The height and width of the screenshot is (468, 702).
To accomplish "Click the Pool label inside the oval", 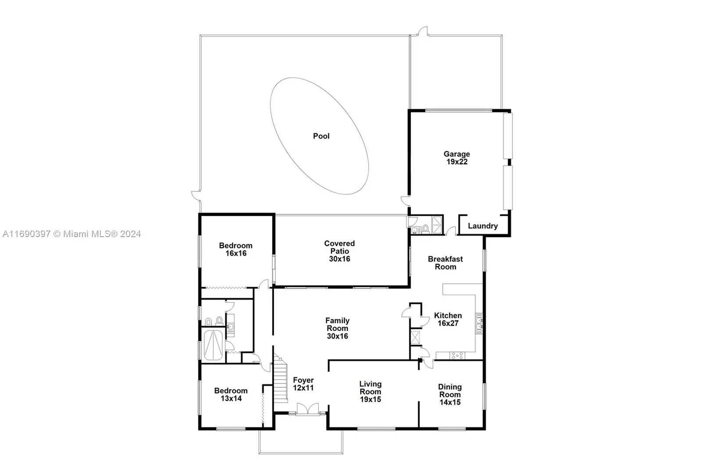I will click(321, 136).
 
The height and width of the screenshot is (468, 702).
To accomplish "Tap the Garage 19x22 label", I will click(457, 158).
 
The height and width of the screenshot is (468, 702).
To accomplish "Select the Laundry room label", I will click(483, 226).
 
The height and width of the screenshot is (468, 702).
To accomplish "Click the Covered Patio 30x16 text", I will click(339, 251).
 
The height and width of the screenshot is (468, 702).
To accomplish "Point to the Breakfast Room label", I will click(445, 263).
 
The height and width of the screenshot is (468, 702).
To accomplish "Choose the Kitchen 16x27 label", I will click(448, 319).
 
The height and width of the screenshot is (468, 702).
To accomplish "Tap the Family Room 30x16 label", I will click(337, 328).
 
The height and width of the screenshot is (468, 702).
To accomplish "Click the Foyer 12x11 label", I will click(303, 384).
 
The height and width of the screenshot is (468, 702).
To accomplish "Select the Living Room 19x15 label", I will click(370, 392).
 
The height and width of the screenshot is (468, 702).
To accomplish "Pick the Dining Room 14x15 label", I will click(450, 394).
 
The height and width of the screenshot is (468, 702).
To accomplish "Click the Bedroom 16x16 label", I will click(236, 249).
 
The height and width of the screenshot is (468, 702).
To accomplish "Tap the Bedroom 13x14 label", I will click(231, 395).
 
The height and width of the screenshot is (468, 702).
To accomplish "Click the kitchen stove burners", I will click(457, 356).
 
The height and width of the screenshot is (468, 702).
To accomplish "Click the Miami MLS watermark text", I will click(72, 234).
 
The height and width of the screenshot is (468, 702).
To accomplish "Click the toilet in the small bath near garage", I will click(425, 228).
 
